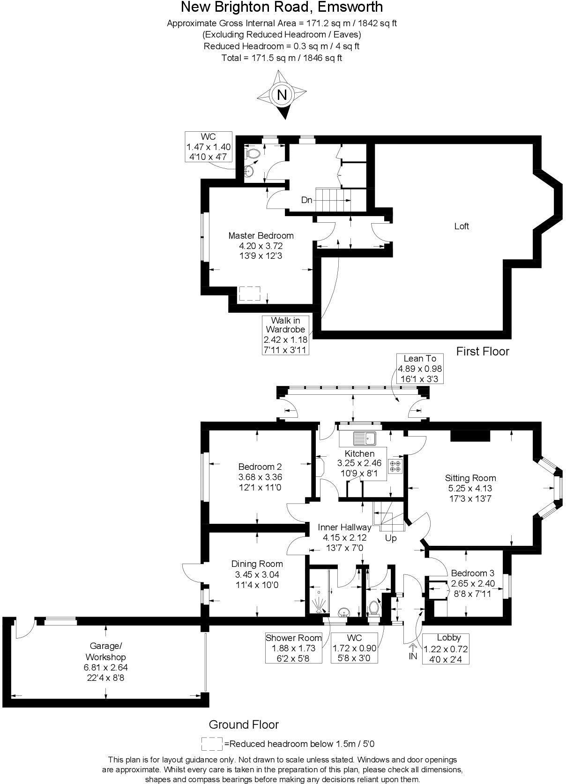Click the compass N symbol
coord(282,95)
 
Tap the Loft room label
coord(462,226)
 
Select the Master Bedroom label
coord(261,235)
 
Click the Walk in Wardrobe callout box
coord(286,335)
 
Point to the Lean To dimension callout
coord(420,369)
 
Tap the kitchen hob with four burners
coord(395,466)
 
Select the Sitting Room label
coord(470,478)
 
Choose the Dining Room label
coord(257,564)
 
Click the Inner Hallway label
coord(344,527)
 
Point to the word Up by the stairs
coord(391,538)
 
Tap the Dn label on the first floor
coord(306,200)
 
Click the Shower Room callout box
coord(294,648)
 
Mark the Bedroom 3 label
coord(472,573)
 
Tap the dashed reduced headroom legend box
coord(212,744)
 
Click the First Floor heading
coord(483,351)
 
